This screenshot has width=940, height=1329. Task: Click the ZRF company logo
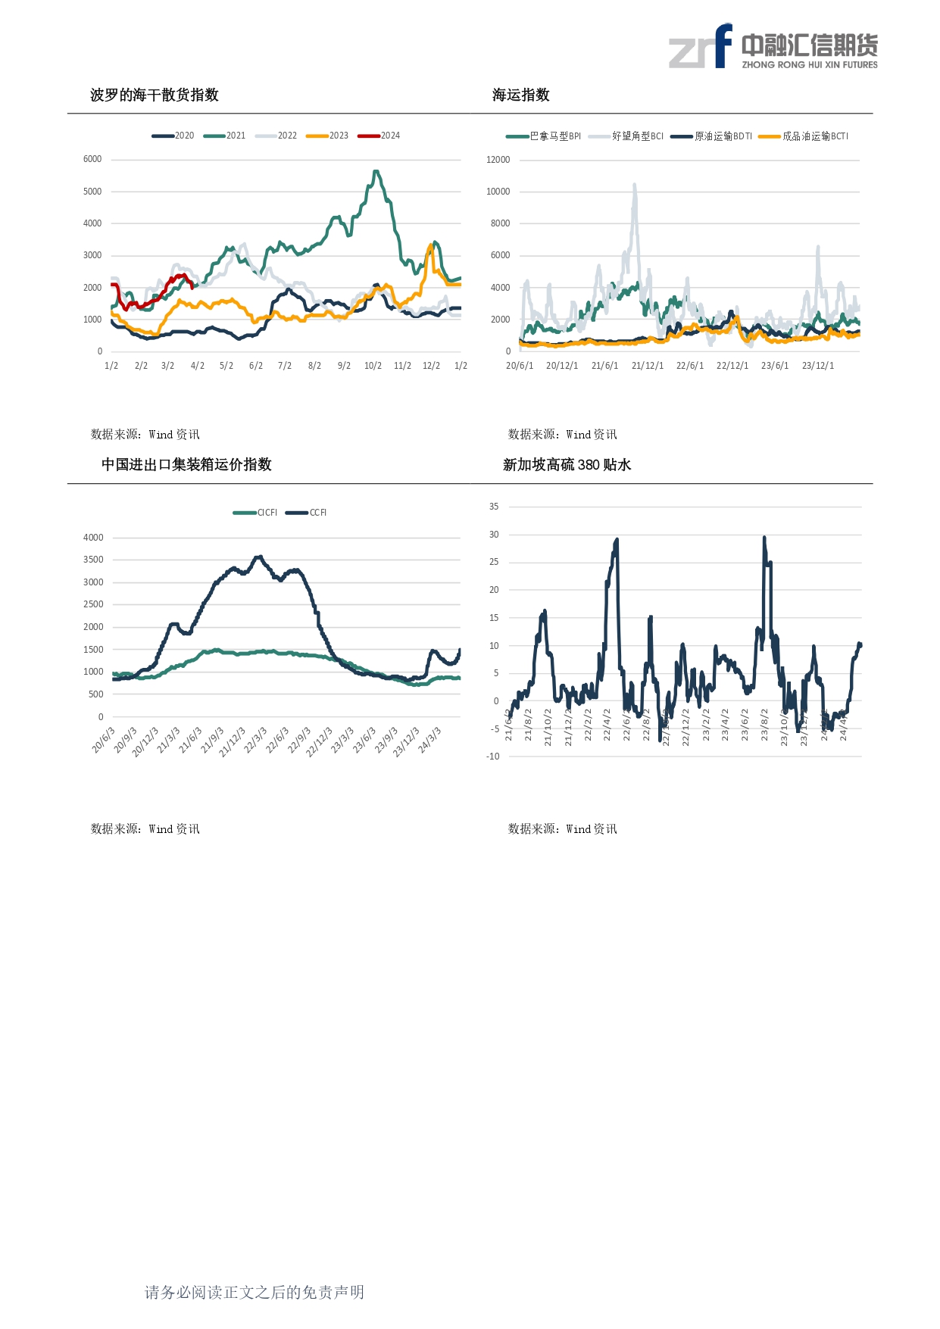click(x=773, y=47)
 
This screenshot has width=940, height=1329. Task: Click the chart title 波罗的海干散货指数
click(x=154, y=95)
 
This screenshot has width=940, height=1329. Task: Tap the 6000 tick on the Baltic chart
click(x=92, y=159)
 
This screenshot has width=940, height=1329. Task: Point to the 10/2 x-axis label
click(x=373, y=366)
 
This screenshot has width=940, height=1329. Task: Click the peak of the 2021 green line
click(x=376, y=172)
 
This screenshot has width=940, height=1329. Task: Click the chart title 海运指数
click(x=520, y=95)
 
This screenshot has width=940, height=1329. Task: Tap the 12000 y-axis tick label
click(x=498, y=160)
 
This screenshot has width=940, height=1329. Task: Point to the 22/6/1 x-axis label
click(x=689, y=366)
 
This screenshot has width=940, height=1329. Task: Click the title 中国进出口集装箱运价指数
click(x=186, y=465)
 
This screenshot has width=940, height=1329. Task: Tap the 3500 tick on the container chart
click(x=93, y=560)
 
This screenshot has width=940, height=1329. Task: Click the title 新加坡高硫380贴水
click(x=567, y=465)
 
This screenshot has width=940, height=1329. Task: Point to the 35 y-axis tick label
click(x=494, y=507)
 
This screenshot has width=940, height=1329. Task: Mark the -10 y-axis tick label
click(x=493, y=757)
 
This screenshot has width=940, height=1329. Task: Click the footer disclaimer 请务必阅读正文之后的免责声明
click(x=255, y=1293)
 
